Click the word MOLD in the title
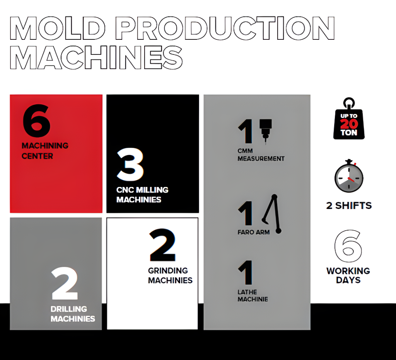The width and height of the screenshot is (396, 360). coord(58,28)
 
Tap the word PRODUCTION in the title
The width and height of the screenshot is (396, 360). coord(227,28)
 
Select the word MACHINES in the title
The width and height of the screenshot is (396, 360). coord(96,58)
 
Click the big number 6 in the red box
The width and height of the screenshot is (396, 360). coord(37,121)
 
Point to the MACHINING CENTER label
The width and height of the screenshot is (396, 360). coord(45,151)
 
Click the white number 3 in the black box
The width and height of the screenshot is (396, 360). coord(130,165)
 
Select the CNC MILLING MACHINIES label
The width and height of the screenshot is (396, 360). coord(142,195)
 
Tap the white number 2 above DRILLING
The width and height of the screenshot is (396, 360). coord(65,283)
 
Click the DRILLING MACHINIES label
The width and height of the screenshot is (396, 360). coord(73,314)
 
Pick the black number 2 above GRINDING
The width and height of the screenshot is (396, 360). coord(162,245)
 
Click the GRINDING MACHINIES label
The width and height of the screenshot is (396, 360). coord(170,275)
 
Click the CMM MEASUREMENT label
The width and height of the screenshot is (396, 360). coord(261,155)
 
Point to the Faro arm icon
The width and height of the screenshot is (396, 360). coord(272,214)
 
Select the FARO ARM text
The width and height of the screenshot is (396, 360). coord(254,232)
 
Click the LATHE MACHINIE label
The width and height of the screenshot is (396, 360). coord(253,295)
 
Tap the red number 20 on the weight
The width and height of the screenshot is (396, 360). coord(349,124)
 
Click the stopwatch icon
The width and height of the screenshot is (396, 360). coord(349,176)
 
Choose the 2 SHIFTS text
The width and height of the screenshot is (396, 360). coord(349,205)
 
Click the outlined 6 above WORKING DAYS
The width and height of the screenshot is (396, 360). coord(348,246)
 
